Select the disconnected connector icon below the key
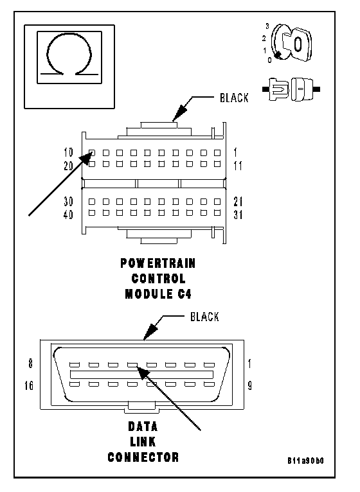click(x=291, y=89)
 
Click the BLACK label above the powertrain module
click(x=234, y=98)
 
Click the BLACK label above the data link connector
click(x=204, y=317)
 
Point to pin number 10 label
click(x=68, y=152)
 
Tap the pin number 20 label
click(x=68, y=165)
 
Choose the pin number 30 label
click(x=68, y=201)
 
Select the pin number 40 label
click(x=68, y=215)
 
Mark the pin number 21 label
click(x=238, y=201)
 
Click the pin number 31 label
click(x=238, y=215)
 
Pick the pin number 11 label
click(x=238, y=165)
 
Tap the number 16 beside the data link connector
click(x=29, y=385)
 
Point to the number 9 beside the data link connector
click(x=249, y=385)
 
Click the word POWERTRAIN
click(x=158, y=263)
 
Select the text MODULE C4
click(x=158, y=294)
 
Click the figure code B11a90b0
click(x=305, y=461)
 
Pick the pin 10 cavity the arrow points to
click(x=92, y=153)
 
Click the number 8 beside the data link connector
click(x=30, y=364)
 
